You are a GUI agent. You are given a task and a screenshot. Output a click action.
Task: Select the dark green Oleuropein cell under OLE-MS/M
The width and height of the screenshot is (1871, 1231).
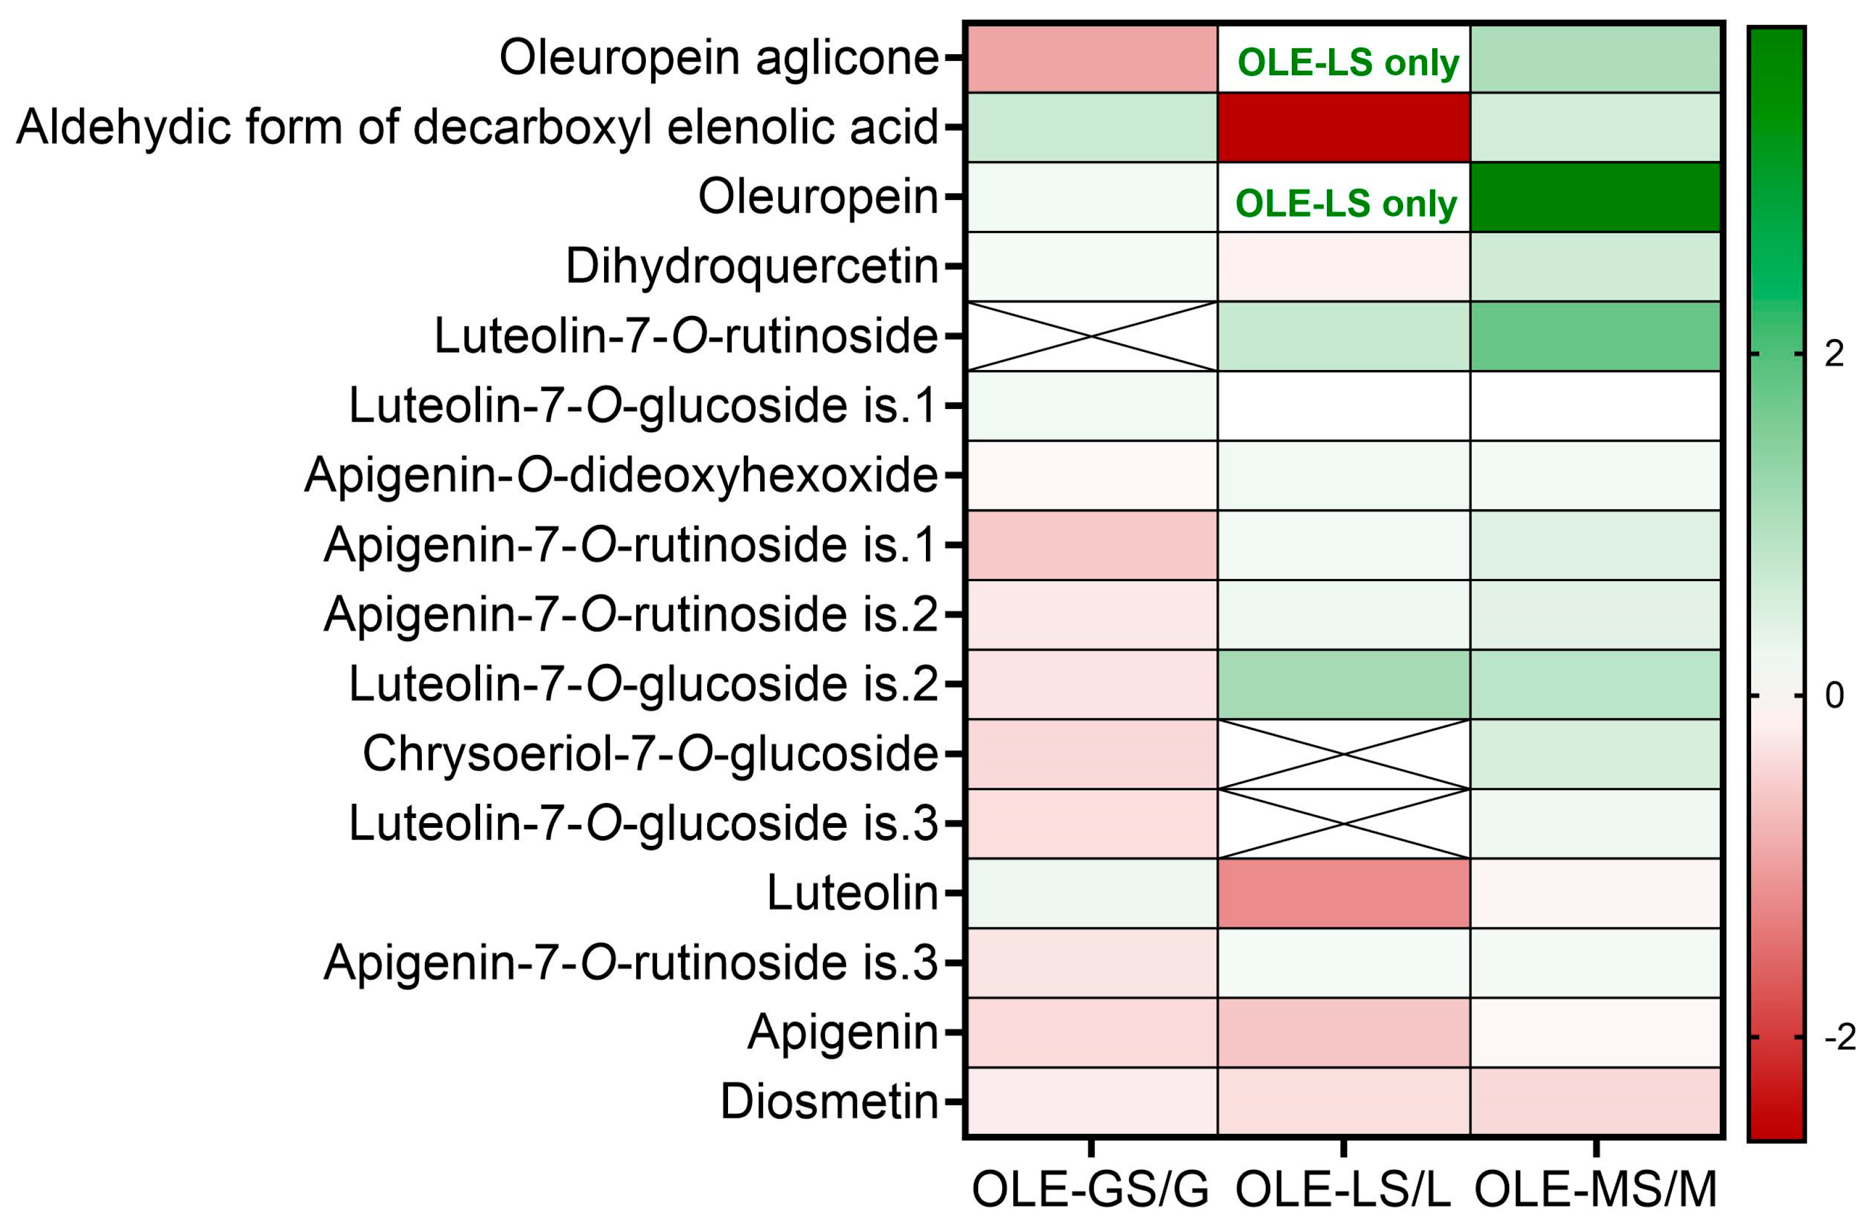(1596, 197)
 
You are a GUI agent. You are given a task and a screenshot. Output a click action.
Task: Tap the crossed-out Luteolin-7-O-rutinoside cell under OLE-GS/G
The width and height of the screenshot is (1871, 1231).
(1091, 336)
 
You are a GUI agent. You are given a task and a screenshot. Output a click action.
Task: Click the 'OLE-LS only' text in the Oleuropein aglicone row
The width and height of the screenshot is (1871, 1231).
(1347, 63)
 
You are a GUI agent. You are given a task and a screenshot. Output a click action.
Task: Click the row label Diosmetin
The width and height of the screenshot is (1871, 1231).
(829, 1101)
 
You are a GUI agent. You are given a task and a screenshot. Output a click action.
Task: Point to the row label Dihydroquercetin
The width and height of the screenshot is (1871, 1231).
(751, 267)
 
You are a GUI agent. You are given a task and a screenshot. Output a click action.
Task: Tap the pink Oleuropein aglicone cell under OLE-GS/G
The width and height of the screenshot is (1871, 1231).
(1091, 58)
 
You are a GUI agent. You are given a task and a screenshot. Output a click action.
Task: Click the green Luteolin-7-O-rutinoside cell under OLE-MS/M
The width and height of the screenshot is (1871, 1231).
(1596, 336)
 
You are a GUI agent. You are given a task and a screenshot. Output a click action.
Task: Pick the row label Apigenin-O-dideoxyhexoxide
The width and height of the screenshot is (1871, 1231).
(621, 475)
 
